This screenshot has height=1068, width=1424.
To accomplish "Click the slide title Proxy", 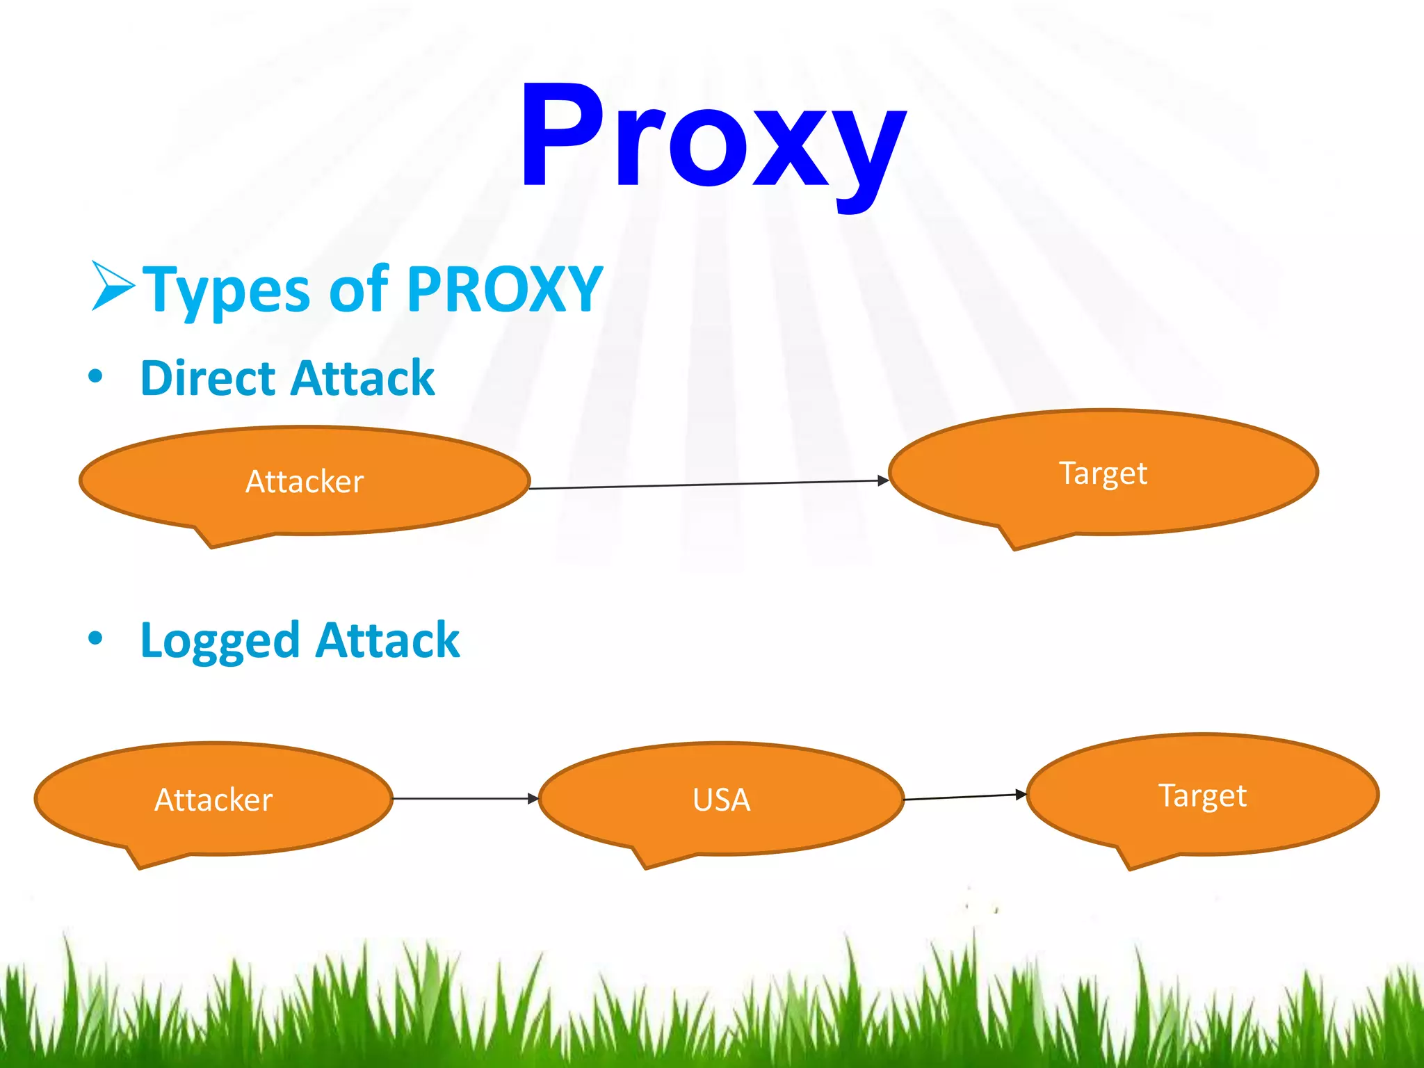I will point(713,139).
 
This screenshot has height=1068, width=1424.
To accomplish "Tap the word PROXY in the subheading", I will point(505,289).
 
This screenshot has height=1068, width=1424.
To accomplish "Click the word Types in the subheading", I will point(227,291).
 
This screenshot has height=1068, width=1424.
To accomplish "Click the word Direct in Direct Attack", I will point(208,378).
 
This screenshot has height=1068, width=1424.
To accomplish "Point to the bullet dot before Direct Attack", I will point(95,377).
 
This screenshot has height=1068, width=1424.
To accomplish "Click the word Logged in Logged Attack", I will point(220,641).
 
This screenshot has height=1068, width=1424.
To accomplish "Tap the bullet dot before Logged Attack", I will point(95,638).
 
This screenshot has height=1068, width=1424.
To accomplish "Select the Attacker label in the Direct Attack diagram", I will point(305,482).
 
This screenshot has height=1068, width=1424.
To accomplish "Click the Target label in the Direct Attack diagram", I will point(1103,474).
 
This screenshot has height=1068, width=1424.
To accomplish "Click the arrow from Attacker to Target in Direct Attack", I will point(709,484).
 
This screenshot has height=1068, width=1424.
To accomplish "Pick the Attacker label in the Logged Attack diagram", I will point(213,800).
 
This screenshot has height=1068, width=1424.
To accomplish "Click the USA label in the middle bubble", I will point(722,800).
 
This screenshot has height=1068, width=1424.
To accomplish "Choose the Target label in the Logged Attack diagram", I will point(1203,796).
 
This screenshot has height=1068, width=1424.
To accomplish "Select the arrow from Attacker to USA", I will point(464,799).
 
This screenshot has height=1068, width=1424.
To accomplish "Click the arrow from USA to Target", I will point(965,797).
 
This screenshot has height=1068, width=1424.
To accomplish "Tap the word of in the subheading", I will point(359,291).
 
